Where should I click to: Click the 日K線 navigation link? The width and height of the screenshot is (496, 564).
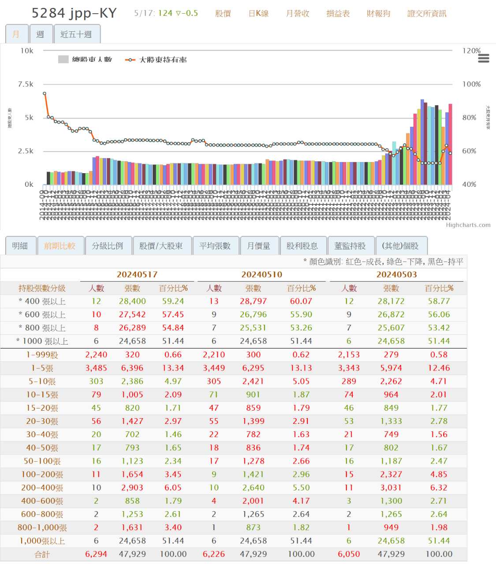coord(258,14)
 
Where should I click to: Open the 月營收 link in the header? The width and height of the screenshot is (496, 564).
coord(298,14)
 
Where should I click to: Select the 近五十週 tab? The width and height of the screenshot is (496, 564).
coord(76,34)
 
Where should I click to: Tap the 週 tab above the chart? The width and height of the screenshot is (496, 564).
coord(40,34)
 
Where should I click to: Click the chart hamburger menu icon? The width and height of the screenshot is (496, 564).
coord(484,58)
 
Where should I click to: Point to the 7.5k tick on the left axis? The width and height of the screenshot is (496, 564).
coord(26,84)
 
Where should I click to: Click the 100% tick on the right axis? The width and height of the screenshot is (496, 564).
coord(471,84)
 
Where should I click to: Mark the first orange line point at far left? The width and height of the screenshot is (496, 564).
coord(45,93)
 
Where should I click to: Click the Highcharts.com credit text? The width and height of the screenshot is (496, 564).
coord(468,225)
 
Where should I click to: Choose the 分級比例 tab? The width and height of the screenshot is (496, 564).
coord(107,246)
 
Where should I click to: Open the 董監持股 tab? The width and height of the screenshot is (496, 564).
coord(350,246)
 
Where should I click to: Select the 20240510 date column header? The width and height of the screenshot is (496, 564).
coord(261,275)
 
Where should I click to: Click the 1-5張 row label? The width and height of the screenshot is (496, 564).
coord(42,368)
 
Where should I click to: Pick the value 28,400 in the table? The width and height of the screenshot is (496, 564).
coord(132,301)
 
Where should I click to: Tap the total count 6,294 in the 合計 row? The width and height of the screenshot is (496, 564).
coord(96,554)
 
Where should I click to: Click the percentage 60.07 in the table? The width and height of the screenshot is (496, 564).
coord(301,301)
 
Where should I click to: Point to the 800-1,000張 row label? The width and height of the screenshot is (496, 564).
coord(42,527)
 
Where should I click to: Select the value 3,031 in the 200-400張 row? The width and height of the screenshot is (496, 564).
coord(391,488)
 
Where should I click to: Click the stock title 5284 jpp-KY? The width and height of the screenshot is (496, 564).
coord(74,13)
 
